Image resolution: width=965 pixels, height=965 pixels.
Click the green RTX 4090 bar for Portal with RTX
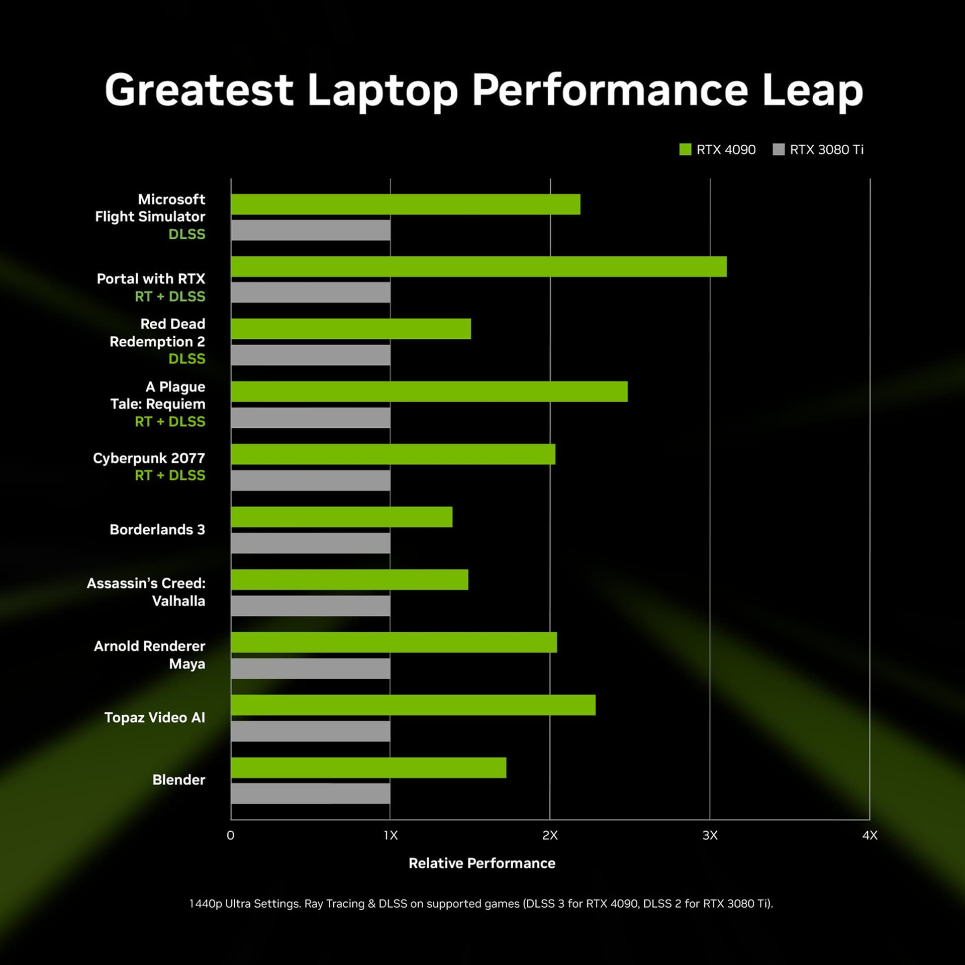478,266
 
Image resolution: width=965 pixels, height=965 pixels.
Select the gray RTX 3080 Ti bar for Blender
311,794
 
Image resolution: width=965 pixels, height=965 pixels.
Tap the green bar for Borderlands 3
342,517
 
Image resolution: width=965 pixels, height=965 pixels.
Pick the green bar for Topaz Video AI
413,705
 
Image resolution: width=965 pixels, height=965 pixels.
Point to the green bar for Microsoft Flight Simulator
406,204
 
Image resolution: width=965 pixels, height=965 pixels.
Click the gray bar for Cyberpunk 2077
311,480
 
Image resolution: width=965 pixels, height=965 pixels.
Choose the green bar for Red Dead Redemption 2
351,329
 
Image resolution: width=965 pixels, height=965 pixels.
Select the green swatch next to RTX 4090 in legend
685,149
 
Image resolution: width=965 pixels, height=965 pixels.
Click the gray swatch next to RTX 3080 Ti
779,149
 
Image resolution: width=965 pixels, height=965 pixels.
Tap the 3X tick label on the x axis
710,835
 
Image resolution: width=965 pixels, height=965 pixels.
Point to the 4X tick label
870,835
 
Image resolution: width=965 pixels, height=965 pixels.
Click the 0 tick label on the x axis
231,835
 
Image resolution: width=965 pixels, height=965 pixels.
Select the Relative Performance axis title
482,863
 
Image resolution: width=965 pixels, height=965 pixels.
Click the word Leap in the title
812,90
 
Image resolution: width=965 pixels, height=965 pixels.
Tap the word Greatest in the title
199,90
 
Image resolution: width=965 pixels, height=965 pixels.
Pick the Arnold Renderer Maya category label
150,655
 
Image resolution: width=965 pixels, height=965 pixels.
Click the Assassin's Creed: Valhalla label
146,592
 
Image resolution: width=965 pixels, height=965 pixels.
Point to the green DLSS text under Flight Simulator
186,234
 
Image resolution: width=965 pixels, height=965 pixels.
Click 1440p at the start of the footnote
206,904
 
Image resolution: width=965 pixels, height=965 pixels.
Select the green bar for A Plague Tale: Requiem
429,391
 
